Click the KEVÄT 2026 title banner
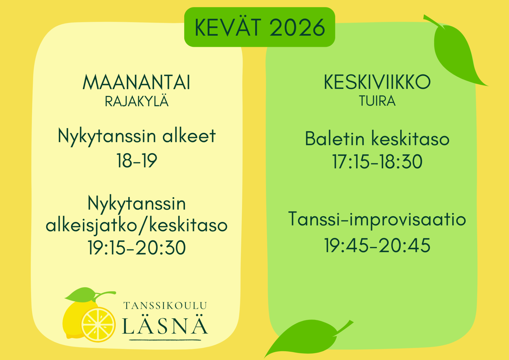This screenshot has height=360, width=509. click(x=260, y=27)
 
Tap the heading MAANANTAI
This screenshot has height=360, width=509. click(x=137, y=82)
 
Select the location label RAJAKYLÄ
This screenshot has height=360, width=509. click(x=137, y=101)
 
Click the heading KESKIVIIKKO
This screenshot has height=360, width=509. click(x=377, y=82)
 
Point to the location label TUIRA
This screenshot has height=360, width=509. click(x=377, y=101)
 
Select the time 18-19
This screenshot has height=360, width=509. click(x=137, y=161)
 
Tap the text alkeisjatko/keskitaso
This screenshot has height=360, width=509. click(x=137, y=225)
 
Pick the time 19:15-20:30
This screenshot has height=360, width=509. click(x=137, y=248)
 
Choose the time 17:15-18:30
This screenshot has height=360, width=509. click(x=377, y=162)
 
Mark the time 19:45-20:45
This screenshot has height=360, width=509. click(x=377, y=245)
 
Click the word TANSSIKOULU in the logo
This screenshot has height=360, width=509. click(x=165, y=306)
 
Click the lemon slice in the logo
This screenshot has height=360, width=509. click(x=98, y=324)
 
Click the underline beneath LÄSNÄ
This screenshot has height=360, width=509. click(x=165, y=340)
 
